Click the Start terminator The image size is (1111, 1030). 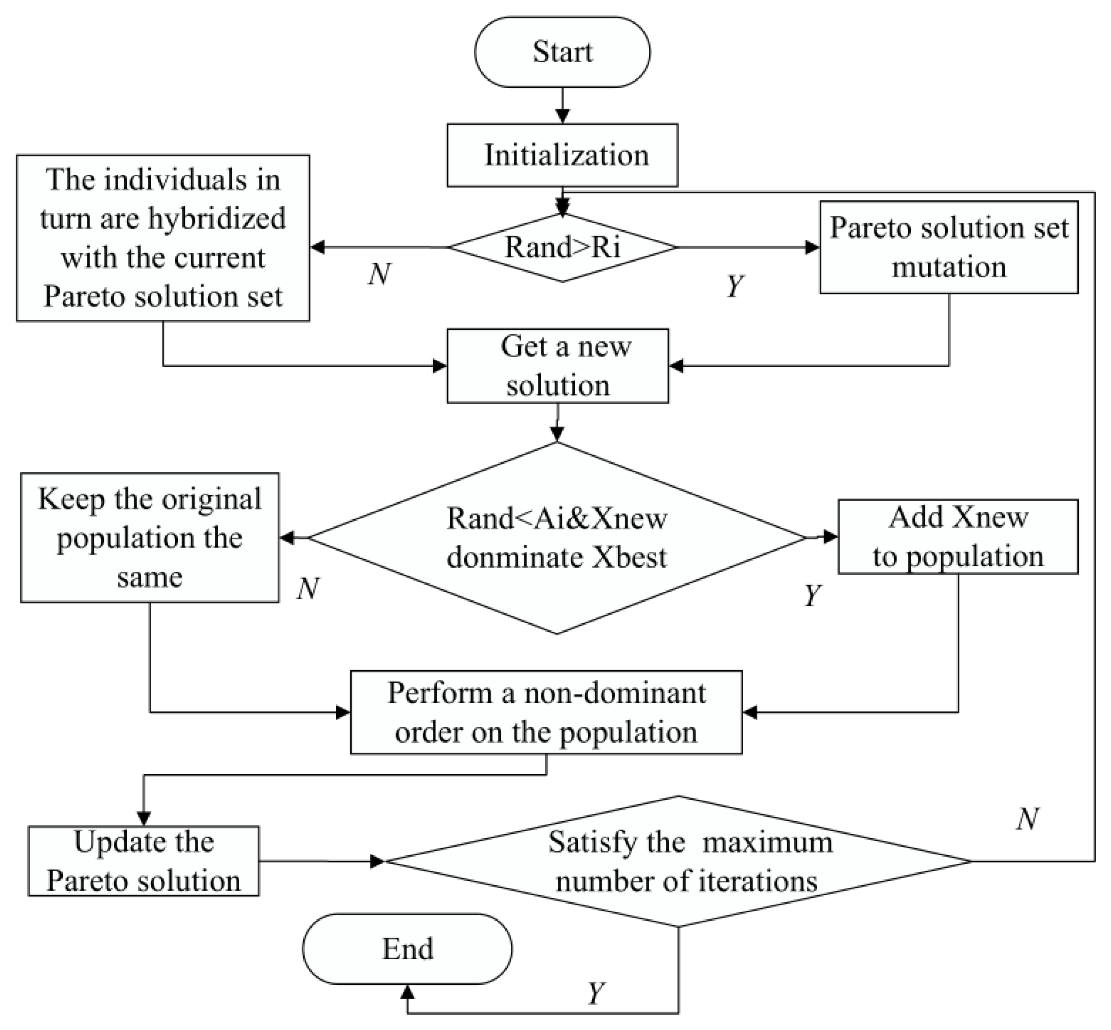[x=562, y=52]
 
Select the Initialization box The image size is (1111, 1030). [x=562, y=155]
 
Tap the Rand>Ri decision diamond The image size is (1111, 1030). [x=562, y=247]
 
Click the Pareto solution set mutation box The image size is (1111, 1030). [x=948, y=247]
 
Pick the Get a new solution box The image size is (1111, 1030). [x=557, y=366]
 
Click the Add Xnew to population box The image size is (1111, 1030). [x=957, y=537]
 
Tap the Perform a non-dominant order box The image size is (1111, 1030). [x=546, y=712]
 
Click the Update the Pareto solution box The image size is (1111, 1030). [x=143, y=861]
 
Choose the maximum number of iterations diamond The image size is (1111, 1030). [x=679, y=861]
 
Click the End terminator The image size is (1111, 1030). [x=407, y=948]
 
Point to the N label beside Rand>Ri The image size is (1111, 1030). [x=379, y=274]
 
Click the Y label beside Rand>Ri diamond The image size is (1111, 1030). [x=735, y=286]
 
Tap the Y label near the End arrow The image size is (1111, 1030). [x=596, y=993]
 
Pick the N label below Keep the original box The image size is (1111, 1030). [x=308, y=588]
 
